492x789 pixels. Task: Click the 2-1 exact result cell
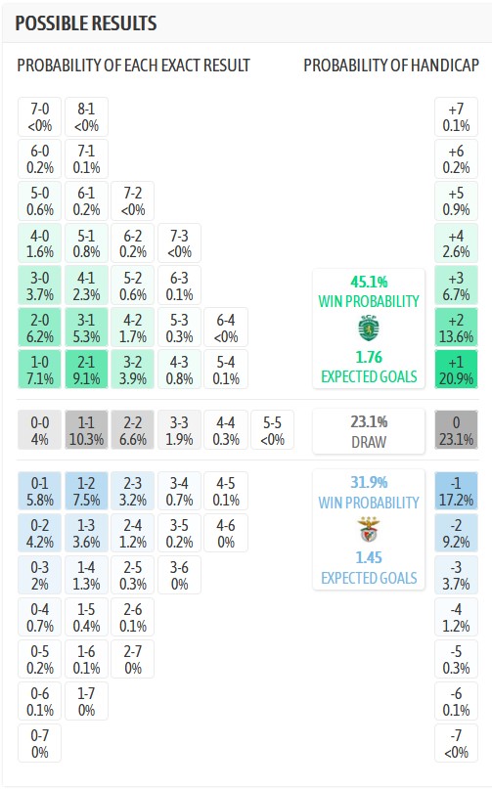coord(86,369)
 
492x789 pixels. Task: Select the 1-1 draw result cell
coord(86,430)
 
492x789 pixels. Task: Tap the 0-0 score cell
coord(39,430)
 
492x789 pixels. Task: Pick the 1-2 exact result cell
coord(86,492)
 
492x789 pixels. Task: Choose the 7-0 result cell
coord(39,116)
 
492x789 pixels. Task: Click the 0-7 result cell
coord(39,744)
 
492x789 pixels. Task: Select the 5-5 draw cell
coord(273,430)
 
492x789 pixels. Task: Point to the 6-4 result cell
coord(226,328)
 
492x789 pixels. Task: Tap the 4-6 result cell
coord(226,533)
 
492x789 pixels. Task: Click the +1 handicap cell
coord(456,369)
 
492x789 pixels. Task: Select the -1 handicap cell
coord(456,492)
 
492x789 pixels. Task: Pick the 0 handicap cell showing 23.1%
coord(456,430)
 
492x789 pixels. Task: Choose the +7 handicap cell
coord(456,116)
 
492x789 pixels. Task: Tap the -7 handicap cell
coord(456,744)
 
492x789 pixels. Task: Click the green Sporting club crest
coord(368,328)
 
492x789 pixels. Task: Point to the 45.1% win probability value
coord(368,284)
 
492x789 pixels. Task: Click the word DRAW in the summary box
coord(368,441)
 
